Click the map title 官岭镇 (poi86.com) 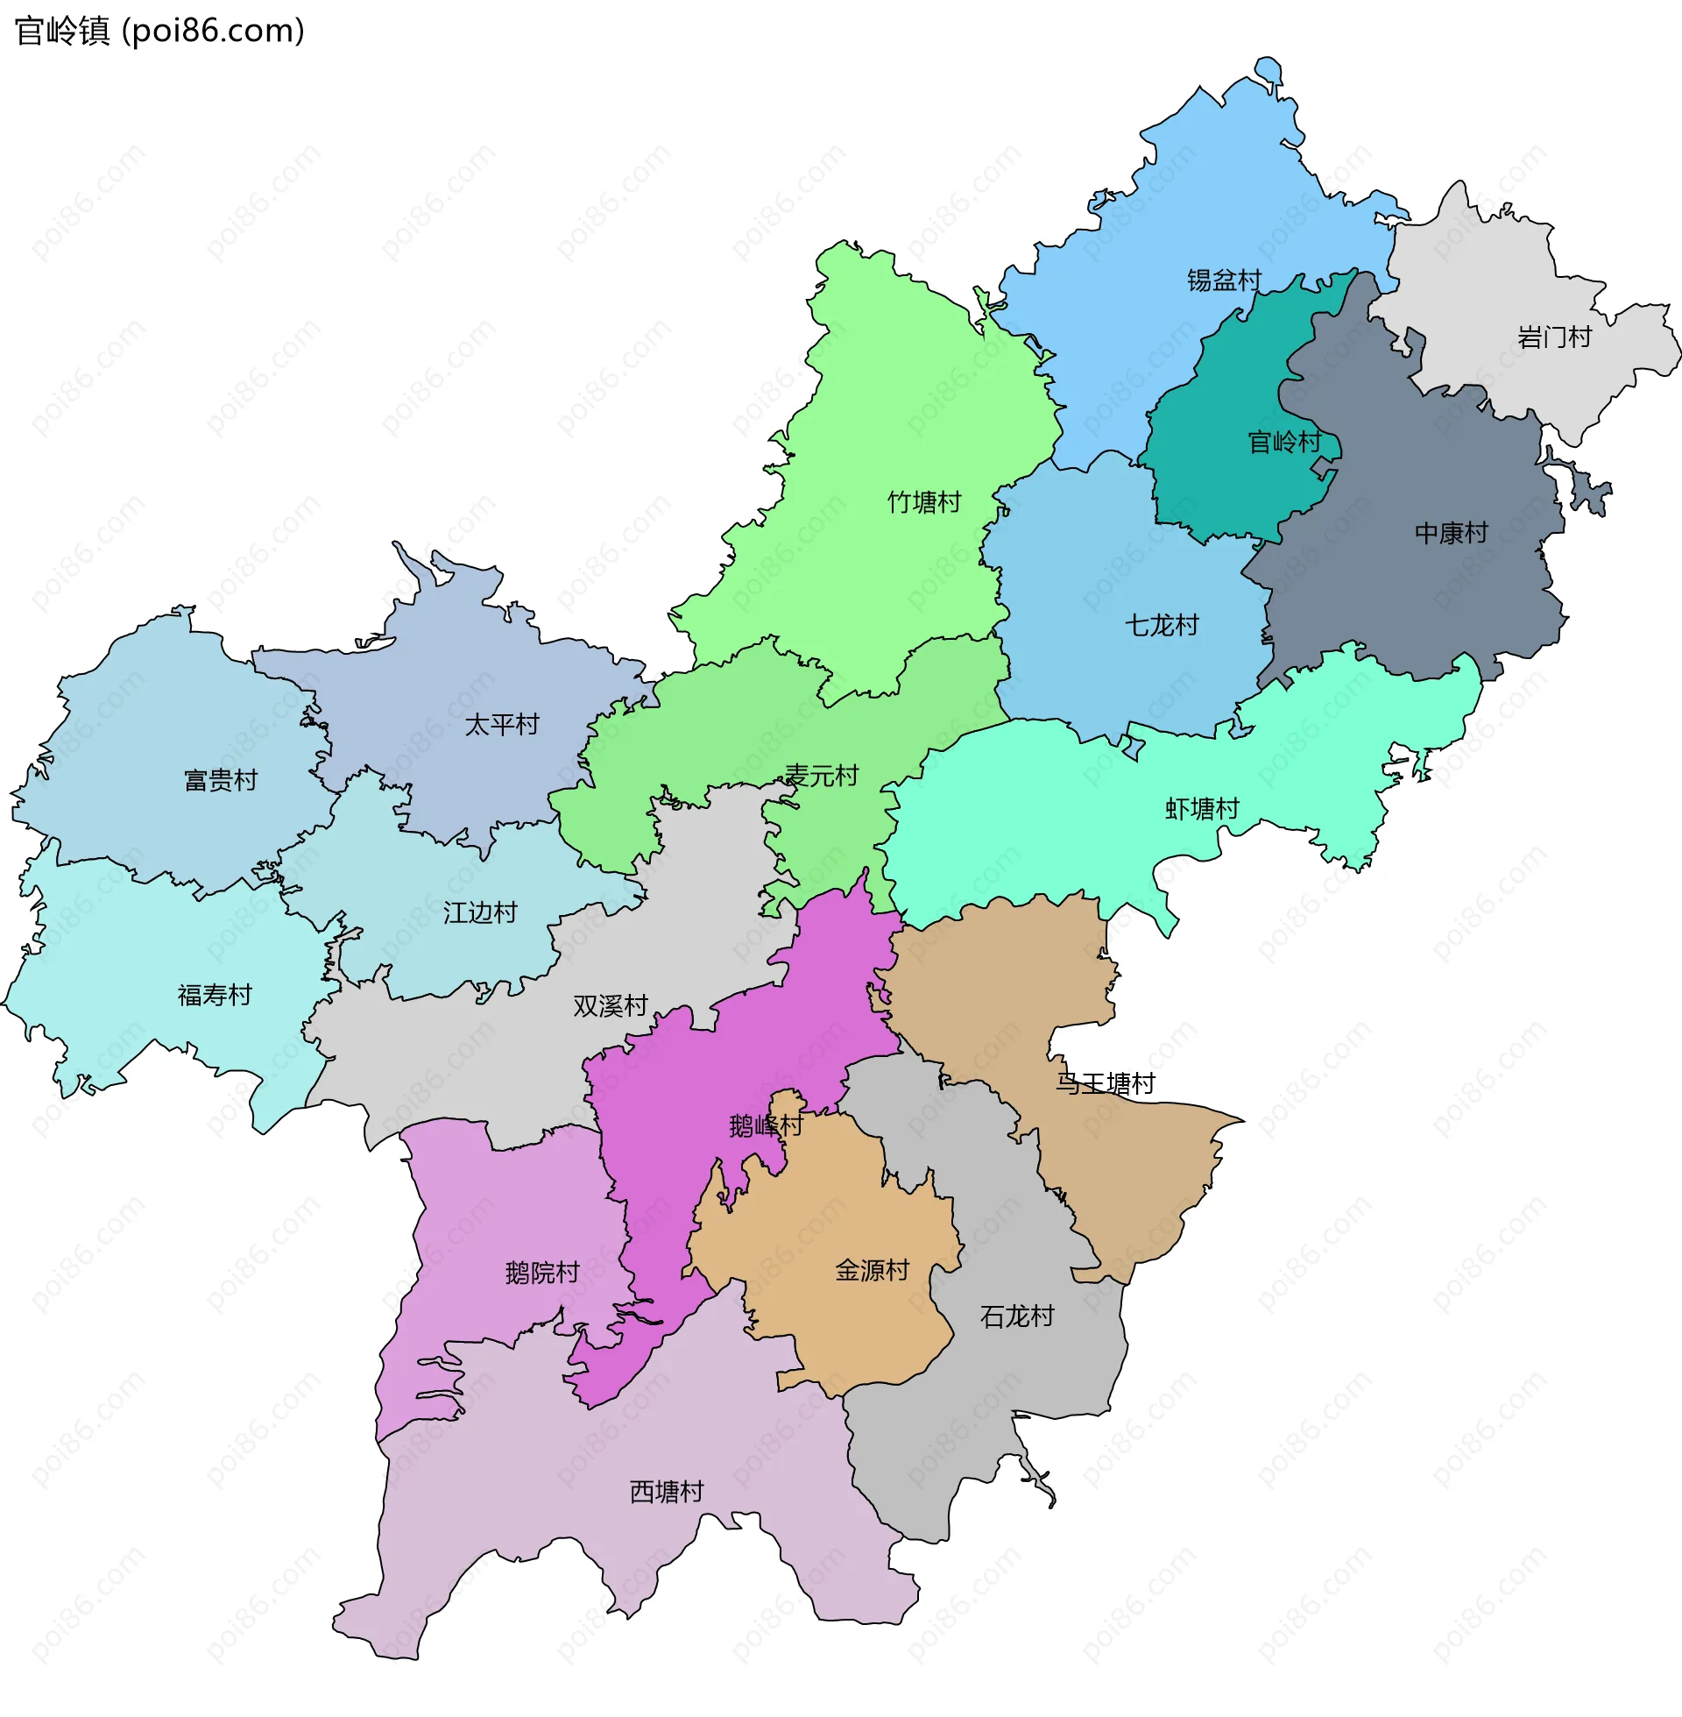160,31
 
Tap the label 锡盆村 1224,280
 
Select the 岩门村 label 1554,337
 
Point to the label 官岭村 1283,441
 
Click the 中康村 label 1451,533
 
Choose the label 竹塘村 924,502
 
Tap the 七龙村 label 1161,626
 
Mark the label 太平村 502,725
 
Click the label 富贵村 220,780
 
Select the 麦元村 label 822,776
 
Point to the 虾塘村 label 1201,809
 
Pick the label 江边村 480,913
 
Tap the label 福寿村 215,995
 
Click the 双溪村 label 611,1005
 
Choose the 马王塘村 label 1106,1083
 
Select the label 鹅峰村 765,1125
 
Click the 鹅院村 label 541,1273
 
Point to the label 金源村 872,1271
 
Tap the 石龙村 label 1017,1316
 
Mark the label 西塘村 666,1492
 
